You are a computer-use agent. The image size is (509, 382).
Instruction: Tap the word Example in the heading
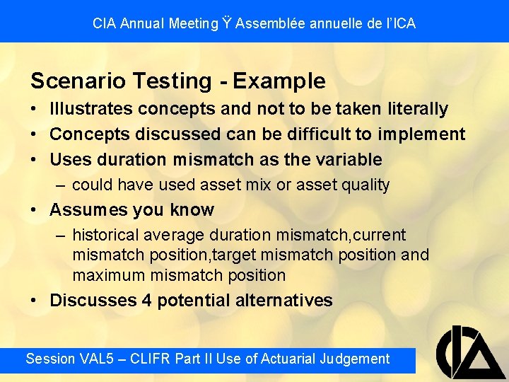[279, 81]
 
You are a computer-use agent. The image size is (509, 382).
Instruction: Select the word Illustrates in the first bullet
[91, 109]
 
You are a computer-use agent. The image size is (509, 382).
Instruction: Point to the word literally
[418, 109]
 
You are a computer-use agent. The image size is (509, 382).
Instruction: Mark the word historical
[106, 235]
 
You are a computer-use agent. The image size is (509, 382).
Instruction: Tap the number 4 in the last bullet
[147, 301]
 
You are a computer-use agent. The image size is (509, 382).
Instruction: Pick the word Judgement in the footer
[353, 359]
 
